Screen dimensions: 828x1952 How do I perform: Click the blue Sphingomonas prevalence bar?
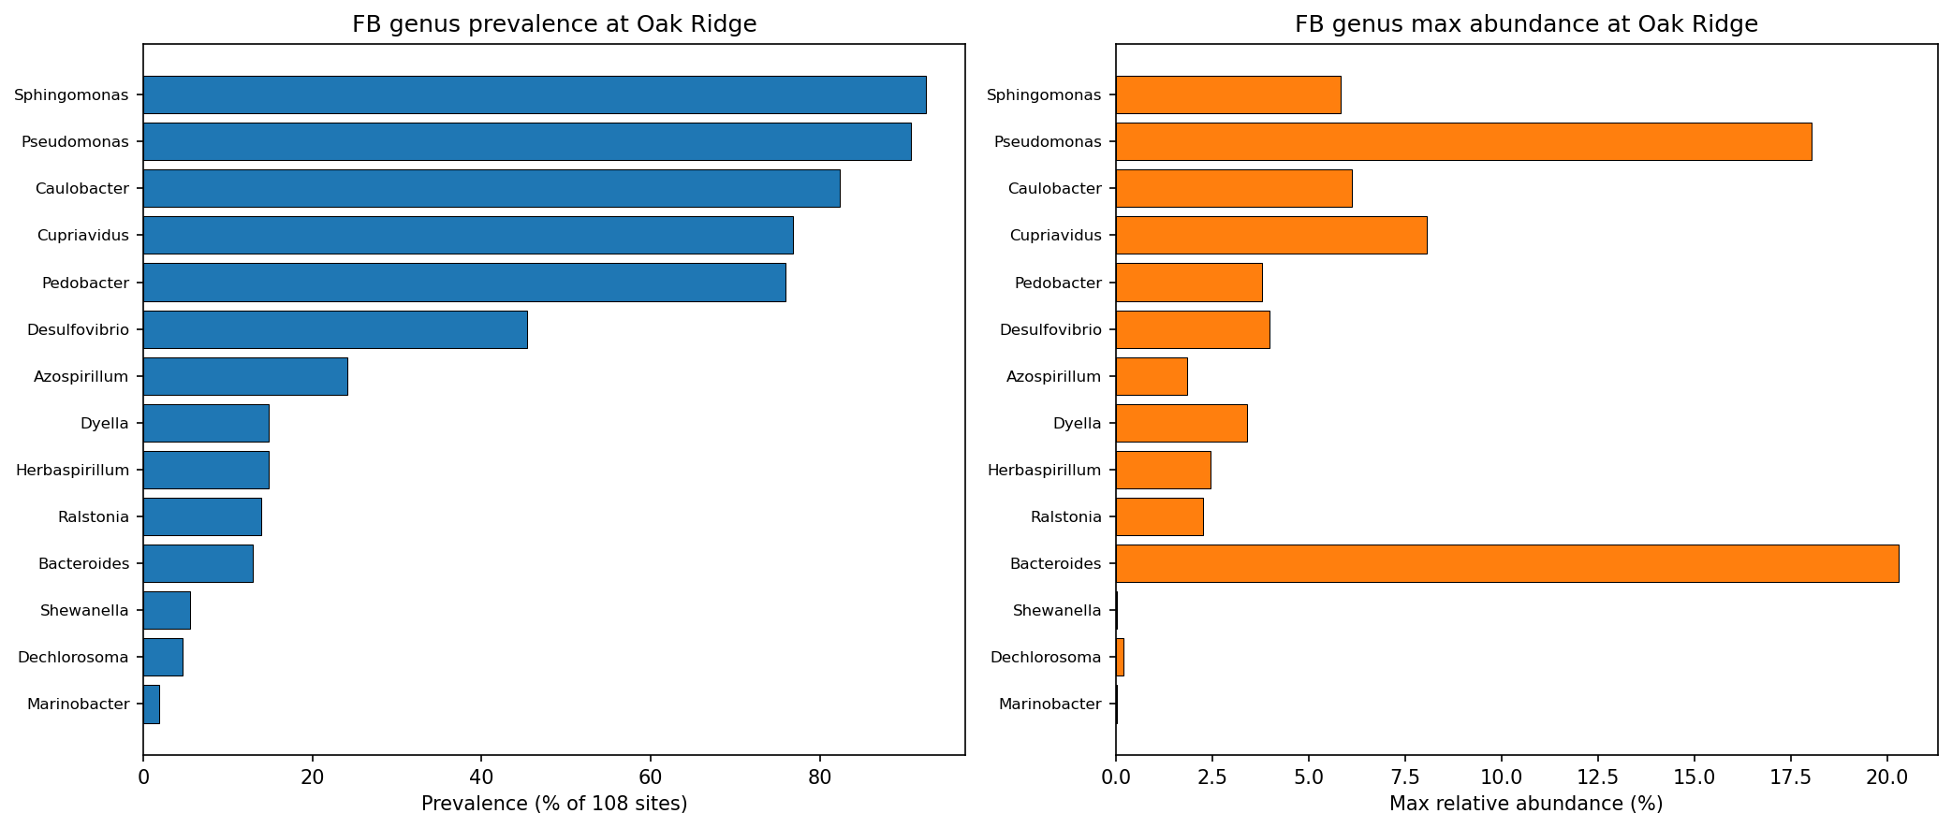point(534,94)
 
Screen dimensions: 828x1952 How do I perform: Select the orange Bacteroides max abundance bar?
point(1506,563)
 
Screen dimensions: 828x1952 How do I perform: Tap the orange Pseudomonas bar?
point(1462,141)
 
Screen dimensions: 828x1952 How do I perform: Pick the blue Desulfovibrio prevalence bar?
point(335,329)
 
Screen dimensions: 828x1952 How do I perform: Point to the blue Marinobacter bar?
point(152,704)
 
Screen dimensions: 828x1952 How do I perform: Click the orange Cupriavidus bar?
point(1270,235)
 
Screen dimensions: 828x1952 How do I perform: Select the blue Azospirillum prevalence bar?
point(245,376)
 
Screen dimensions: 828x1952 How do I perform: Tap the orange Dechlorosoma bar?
point(1120,657)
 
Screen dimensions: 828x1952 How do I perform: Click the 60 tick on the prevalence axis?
point(651,777)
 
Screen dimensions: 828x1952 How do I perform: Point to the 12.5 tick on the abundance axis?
point(1597,777)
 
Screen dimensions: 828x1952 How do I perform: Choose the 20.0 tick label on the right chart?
point(1886,777)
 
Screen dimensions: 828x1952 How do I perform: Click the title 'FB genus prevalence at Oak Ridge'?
point(554,24)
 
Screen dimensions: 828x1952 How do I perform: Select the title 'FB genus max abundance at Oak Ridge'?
point(1526,24)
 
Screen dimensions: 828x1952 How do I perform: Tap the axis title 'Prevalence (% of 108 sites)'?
point(554,804)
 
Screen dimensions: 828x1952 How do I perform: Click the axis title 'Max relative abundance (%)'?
point(1526,804)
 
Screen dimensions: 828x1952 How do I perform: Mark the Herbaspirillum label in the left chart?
point(72,470)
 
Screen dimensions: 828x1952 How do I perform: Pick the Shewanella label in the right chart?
point(1056,610)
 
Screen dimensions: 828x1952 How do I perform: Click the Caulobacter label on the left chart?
point(81,188)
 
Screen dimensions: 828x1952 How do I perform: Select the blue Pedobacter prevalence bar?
point(463,283)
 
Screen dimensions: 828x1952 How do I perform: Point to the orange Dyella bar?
point(1181,423)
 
